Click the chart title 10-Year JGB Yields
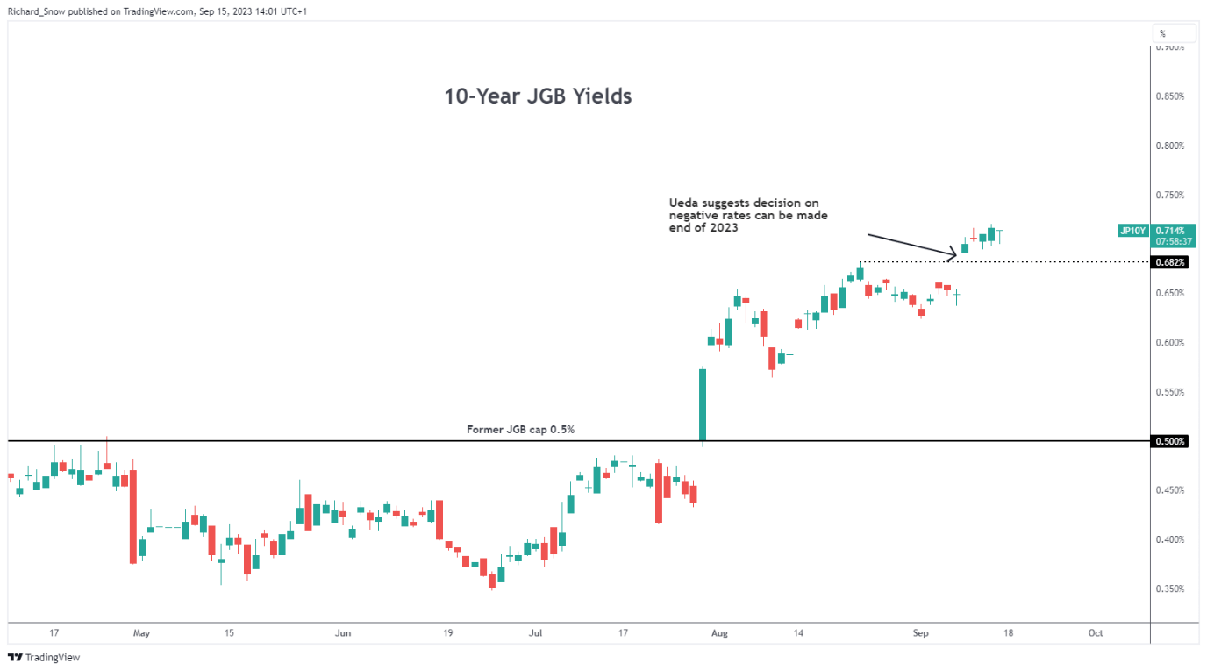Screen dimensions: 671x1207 pos(538,96)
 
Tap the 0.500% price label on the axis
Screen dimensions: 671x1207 pos(1170,441)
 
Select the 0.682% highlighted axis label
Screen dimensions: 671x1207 pos(1170,262)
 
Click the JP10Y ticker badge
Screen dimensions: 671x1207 pos(1132,231)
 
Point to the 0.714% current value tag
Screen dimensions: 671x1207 pos(1170,231)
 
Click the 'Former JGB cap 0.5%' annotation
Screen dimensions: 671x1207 pos(520,430)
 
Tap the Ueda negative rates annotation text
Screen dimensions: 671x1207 pos(748,215)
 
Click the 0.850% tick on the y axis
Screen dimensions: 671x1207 pos(1170,96)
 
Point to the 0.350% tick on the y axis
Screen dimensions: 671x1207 pos(1170,589)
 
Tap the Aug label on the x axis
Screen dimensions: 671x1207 pos(719,632)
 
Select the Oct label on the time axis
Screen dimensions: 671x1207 pos(1095,632)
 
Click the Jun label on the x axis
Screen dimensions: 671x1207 pos(342,632)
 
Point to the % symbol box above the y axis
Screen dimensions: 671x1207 pos(1162,34)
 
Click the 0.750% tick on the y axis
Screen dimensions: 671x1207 pos(1170,195)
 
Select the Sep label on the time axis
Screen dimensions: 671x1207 pos(920,632)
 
